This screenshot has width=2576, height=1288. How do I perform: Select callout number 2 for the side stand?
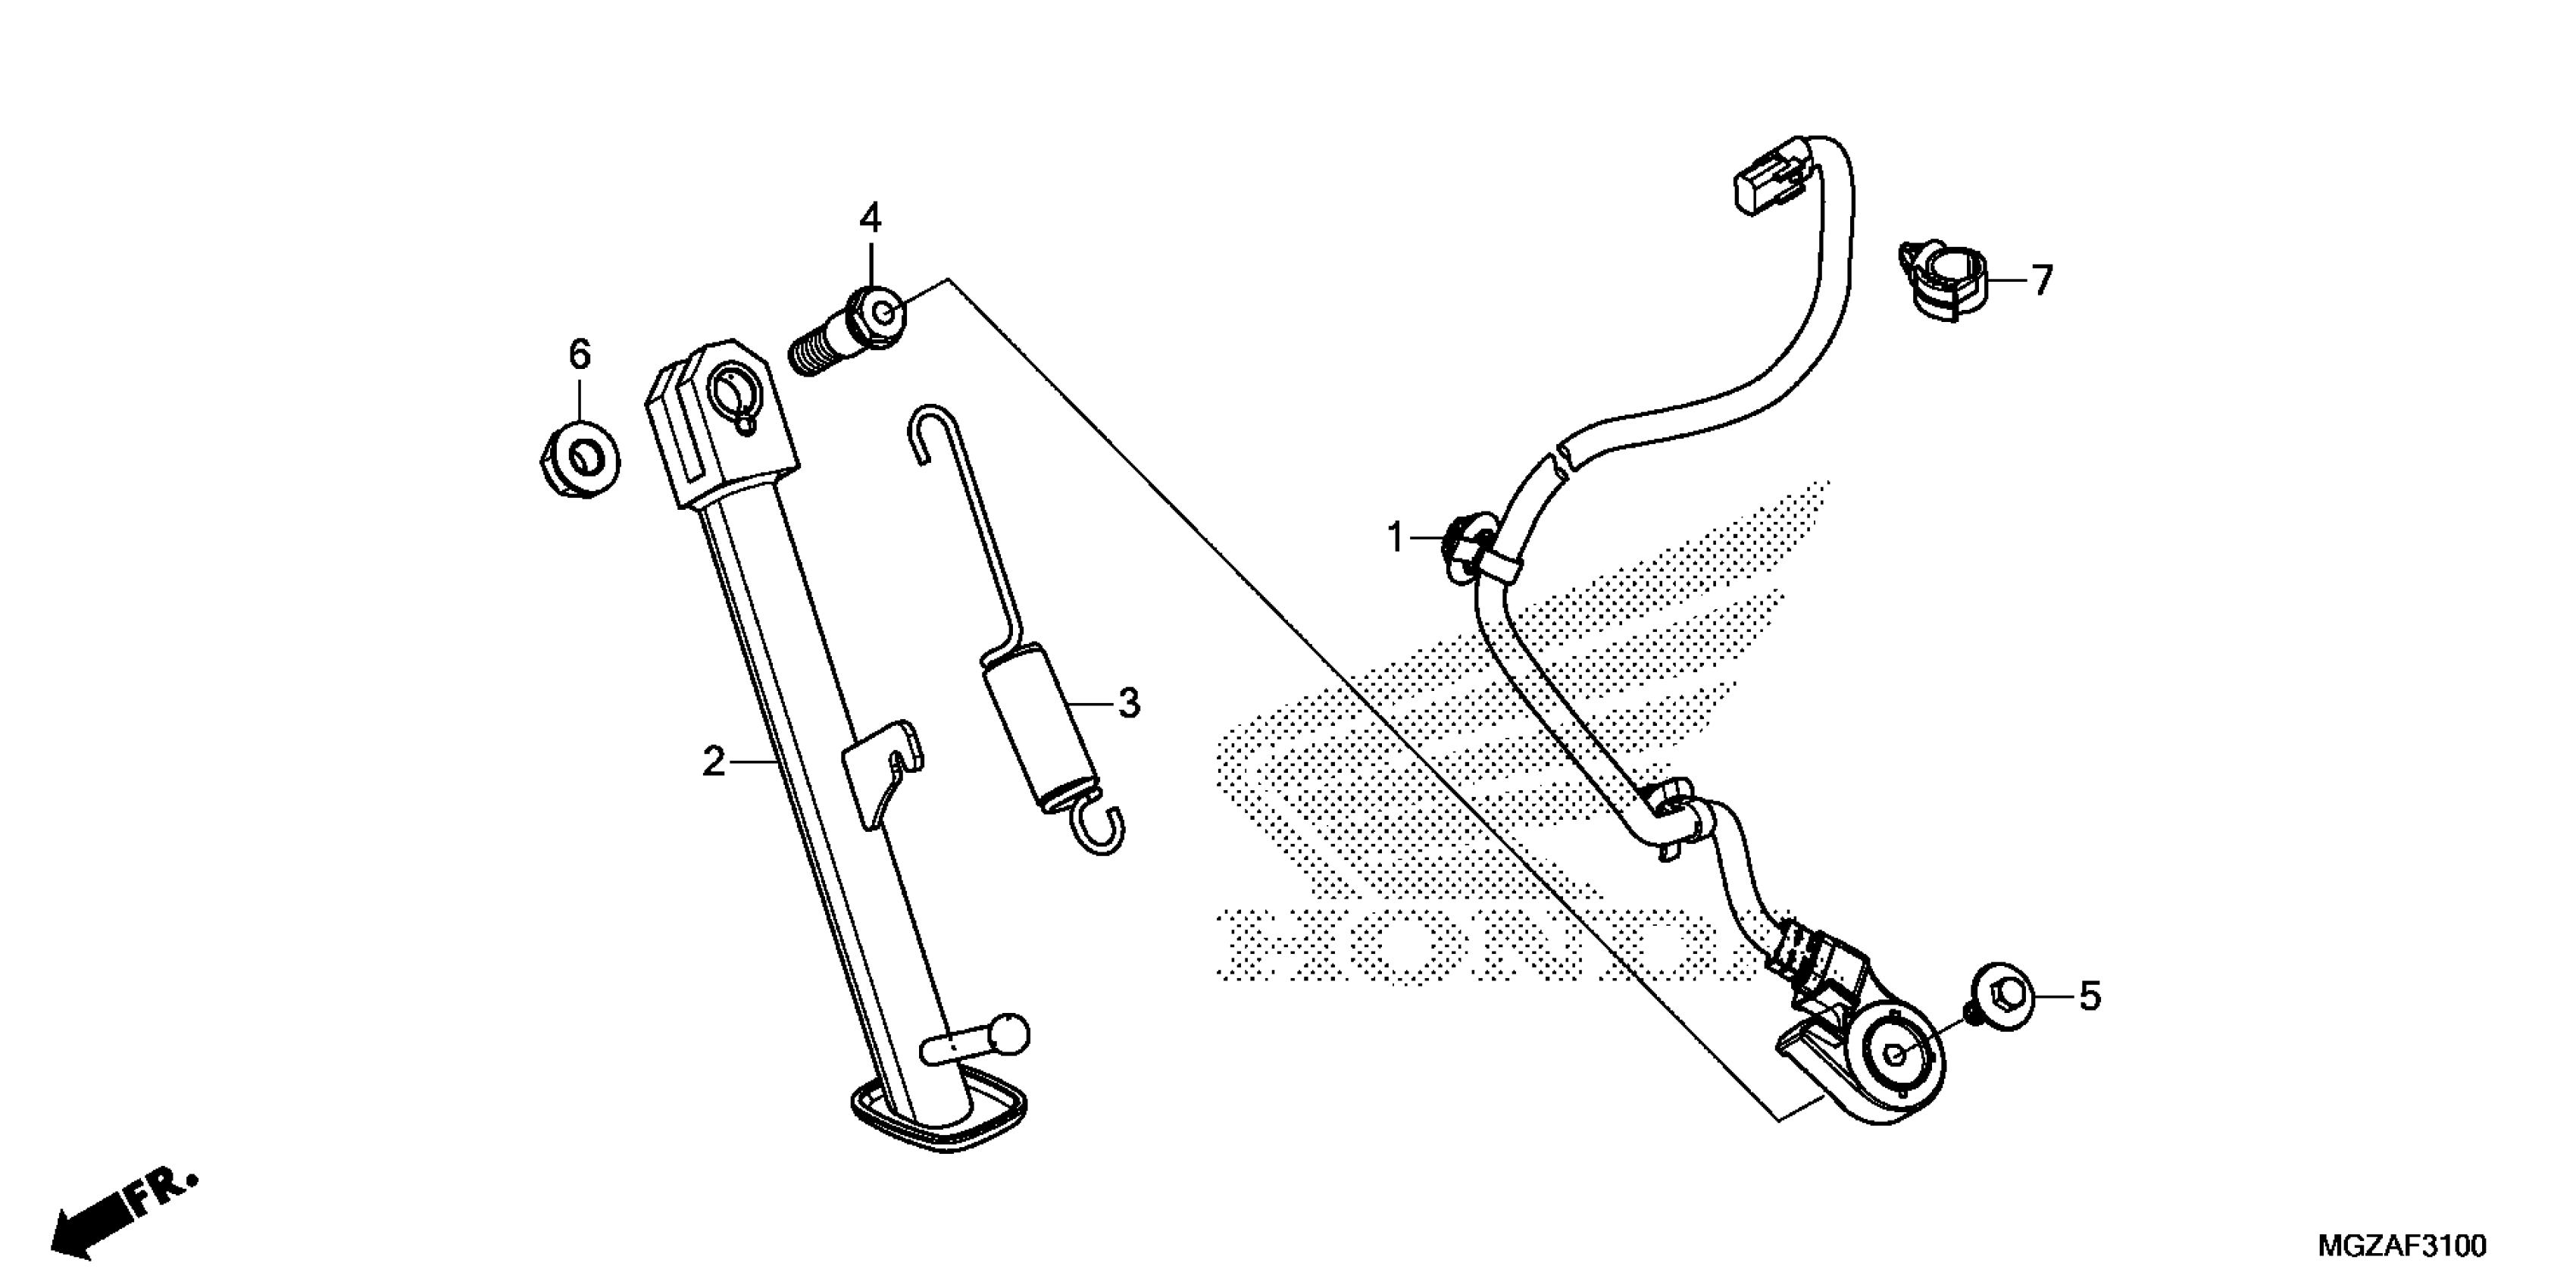point(713,762)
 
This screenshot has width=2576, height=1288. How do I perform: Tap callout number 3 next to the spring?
point(1128,703)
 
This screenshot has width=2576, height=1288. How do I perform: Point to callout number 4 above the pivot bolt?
point(870,217)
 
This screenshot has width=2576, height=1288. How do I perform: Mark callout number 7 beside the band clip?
point(2041,280)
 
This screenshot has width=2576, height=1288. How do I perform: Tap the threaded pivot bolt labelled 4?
point(850,328)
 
